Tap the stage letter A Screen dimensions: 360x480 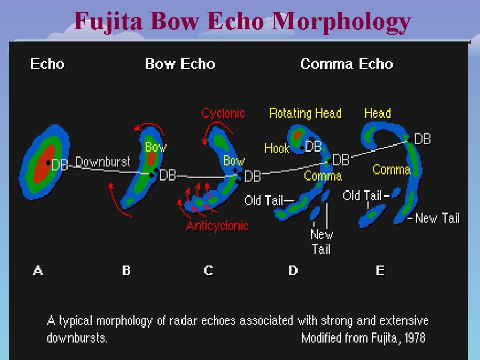[x=38, y=271]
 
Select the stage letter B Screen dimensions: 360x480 [x=126, y=271]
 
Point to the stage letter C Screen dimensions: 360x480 [x=209, y=271]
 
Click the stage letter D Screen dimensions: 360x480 [x=293, y=271]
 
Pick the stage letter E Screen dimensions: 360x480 [x=380, y=271]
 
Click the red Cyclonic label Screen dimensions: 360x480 [x=223, y=113]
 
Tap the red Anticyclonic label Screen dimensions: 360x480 [x=217, y=226]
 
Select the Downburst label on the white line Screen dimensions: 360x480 [x=102, y=162]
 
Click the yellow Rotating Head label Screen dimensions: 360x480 [x=305, y=113]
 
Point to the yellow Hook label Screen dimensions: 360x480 [x=277, y=148]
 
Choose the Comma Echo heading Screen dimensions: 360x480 [x=347, y=64]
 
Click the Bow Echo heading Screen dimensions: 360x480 [x=180, y=64]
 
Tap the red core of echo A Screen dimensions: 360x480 [x=43, y=164]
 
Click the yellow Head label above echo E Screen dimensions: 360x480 [x=378, y=113]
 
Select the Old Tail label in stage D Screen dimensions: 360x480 [x=264, y=200]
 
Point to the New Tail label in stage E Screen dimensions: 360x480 [x=437, y=218]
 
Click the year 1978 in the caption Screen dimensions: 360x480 [x=412, y=338]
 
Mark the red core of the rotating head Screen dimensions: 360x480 [x=297, y=136]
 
